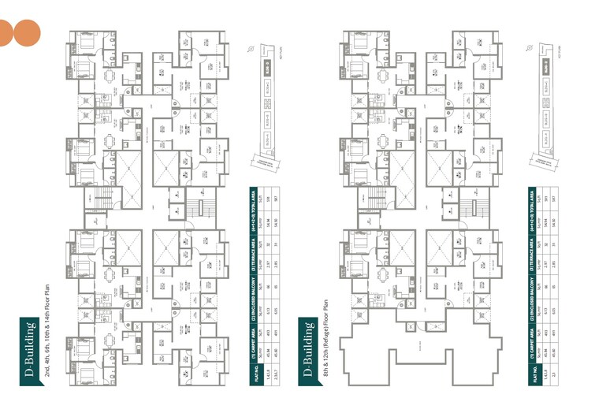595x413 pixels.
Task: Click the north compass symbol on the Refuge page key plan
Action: point(529,47)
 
